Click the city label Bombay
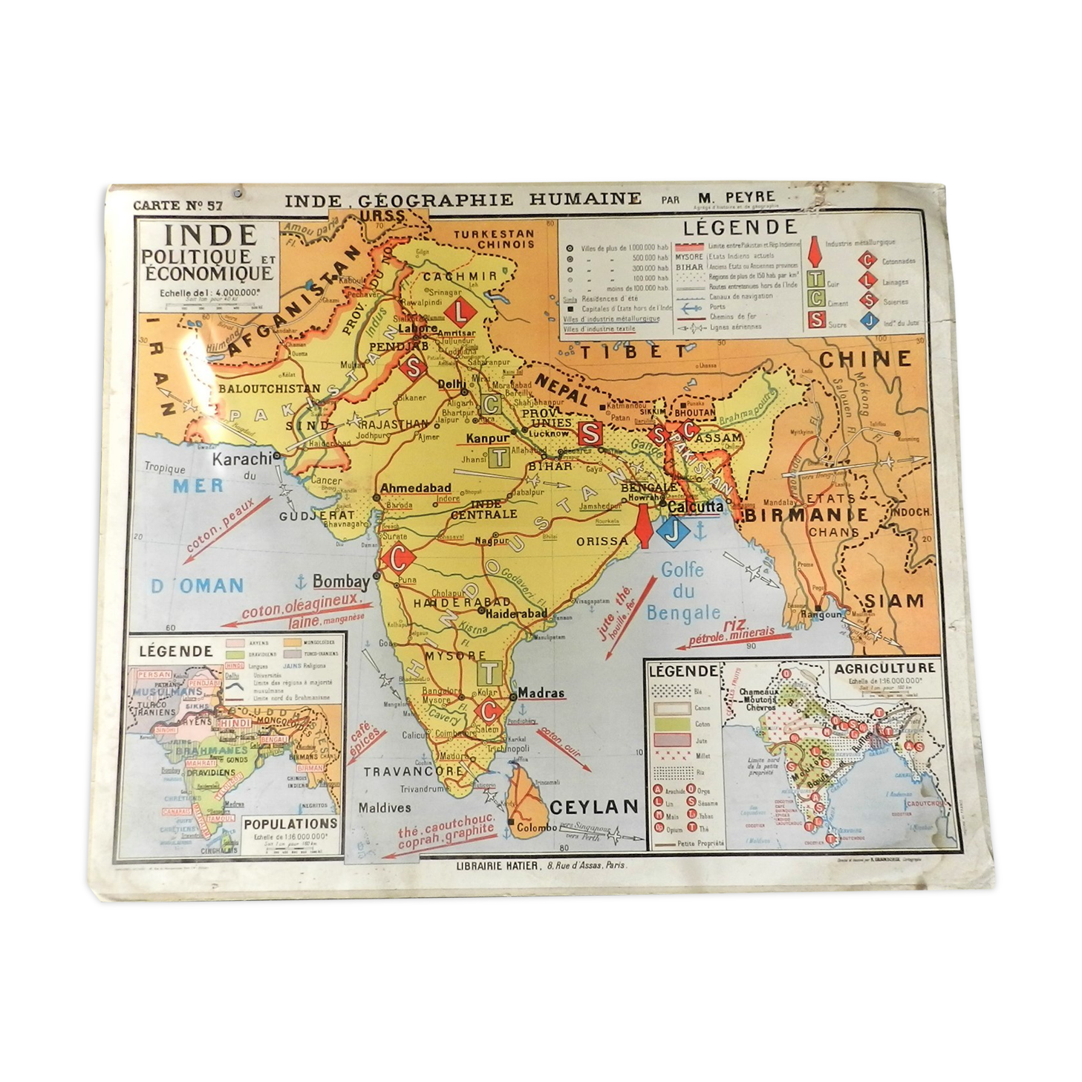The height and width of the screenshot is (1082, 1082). coord(341,581)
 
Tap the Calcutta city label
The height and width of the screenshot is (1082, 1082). coord(695,506)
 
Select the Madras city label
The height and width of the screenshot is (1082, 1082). coord(541,692)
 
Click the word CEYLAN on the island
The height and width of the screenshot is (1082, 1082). coord(594,806)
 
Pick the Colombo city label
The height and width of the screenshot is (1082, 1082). coord(536,827)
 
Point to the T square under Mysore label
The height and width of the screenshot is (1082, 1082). coord(489,673)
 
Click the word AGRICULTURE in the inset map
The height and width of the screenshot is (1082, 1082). coord(884,668)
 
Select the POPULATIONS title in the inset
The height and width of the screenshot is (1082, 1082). coord(290,824)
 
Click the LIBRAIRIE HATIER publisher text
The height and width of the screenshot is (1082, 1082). coord(486,865)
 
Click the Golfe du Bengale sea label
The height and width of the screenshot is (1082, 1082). coord(683,591)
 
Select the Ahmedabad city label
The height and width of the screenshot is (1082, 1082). coord(416,488)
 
